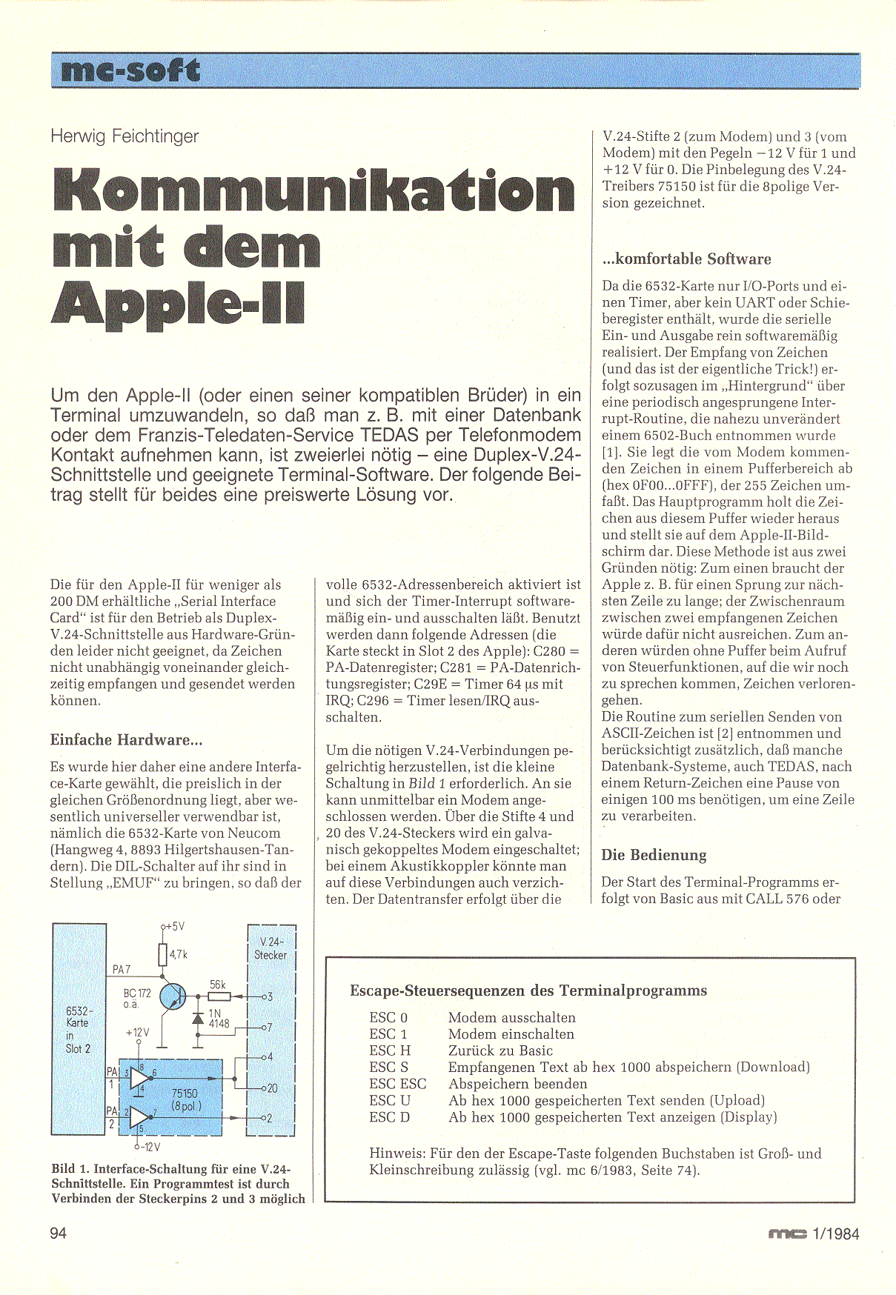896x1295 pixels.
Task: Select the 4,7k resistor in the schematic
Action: (163, 956)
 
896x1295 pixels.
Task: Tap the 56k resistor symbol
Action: (218, 996)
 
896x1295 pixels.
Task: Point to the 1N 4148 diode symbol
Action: (198, 1019)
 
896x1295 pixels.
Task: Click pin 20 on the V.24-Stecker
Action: (271, 1088)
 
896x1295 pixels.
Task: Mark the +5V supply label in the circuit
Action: (173, 927)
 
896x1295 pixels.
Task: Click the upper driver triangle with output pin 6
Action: (139, 1078)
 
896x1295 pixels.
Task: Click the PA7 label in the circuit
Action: (122, 969)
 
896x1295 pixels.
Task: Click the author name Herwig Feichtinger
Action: (125, 136)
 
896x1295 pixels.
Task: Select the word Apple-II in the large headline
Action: (178, 302)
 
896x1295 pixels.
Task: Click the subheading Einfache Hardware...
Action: (126, 740)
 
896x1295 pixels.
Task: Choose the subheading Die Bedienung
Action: (654, 855)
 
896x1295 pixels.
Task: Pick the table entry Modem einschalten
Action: (511, 1034)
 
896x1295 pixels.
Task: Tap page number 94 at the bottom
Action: (59, 1233)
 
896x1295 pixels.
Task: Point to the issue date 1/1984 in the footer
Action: (835, 1234)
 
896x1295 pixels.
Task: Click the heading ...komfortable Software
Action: (686, 259)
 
